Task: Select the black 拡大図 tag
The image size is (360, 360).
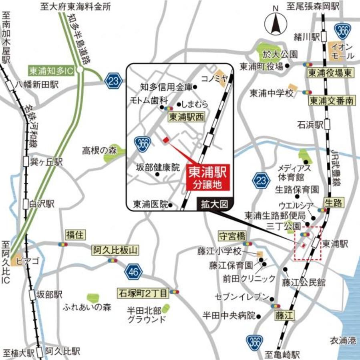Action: coord(214,204)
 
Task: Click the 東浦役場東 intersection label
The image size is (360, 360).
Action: coord(331,73)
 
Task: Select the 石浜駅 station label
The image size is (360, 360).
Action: coord(310,125)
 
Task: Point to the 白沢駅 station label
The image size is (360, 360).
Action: coord(42,204)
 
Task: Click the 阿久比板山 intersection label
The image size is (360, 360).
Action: coord(115,251)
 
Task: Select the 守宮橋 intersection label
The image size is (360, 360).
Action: coord(231,236)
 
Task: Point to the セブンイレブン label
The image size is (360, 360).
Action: coord(241,297)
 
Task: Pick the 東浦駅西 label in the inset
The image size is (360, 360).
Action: coord(186,117)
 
